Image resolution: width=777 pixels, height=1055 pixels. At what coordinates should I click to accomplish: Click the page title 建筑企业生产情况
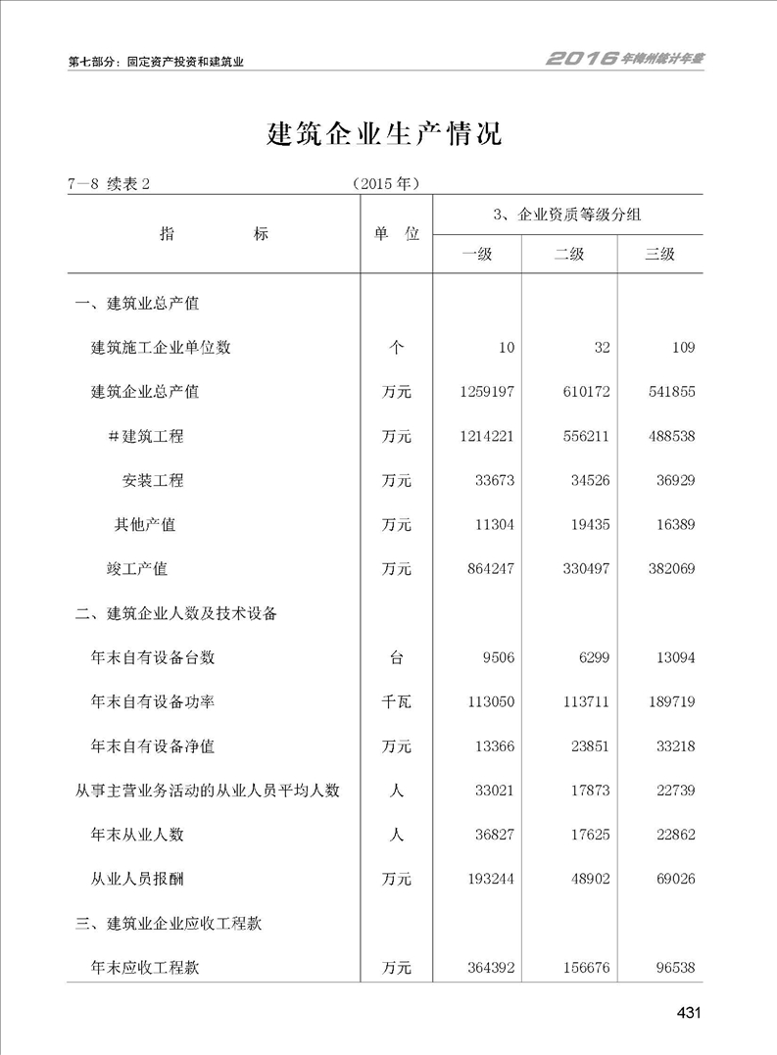385,134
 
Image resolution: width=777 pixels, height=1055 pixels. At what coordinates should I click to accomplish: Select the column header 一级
477,255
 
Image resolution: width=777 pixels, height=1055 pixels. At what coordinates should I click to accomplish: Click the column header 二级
569,255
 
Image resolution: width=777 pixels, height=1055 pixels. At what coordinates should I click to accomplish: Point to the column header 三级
659,255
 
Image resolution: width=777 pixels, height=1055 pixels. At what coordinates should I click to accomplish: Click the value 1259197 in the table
486,392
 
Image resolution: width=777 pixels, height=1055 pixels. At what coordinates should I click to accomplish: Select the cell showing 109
683,348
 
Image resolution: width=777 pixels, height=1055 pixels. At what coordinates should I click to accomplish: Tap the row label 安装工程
153,481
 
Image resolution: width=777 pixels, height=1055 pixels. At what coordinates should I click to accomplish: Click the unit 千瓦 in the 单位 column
397,702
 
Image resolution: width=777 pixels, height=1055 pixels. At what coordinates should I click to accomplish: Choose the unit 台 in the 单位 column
397,658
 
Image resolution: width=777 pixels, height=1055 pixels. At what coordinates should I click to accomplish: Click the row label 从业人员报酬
136,880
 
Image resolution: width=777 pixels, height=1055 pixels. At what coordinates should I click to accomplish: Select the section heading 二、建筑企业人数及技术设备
176,614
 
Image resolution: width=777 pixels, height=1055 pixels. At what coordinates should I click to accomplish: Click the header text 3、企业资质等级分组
568,215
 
